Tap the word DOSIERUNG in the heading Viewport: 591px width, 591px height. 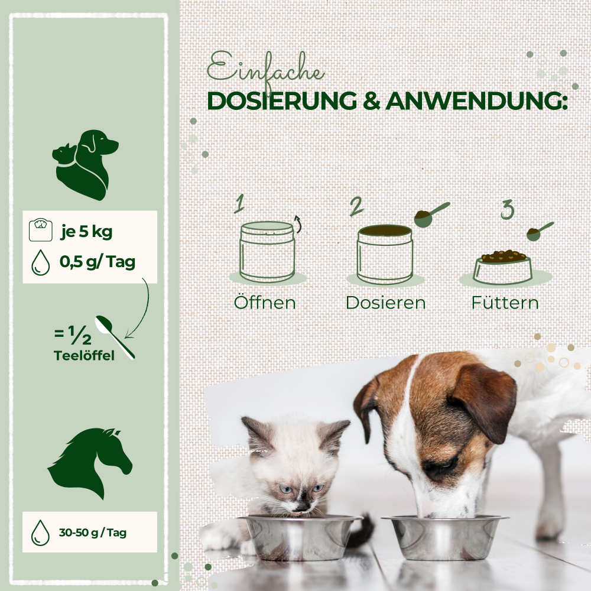pos(282,100)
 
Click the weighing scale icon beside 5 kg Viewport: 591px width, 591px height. pos(40,230)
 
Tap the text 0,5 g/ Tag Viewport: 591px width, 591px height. pos(97,262)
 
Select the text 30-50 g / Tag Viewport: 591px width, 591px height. pos(92,532)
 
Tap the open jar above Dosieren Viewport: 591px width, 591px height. pos(384,253)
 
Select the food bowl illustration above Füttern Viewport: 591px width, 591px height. pos(503,267)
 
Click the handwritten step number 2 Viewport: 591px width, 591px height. pos(356,207)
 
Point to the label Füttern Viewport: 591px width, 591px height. pos(505,303)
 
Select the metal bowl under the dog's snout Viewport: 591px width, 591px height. pos(444,535)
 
